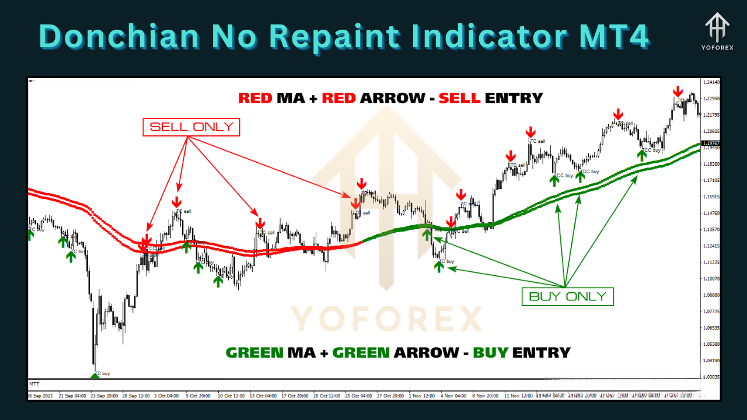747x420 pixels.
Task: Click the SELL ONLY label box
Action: [x=191, y=127]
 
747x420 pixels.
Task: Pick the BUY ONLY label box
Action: [x=567, y=296]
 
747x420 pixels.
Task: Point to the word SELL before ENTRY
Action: [x=460, y=98]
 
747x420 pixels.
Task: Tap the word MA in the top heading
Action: [x=291, y=98]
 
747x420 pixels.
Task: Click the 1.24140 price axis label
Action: [x=711, y=82]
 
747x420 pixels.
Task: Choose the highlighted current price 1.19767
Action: [x=711, y=143]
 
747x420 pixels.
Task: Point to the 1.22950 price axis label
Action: [x=711, y=99]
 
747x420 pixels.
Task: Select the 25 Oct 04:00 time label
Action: [x=359, y=395]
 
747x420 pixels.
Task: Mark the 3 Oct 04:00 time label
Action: [x=166, y=395]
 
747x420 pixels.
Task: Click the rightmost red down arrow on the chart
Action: [x=678, y=92]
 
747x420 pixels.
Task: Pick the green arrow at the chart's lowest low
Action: [x=95, y=374]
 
